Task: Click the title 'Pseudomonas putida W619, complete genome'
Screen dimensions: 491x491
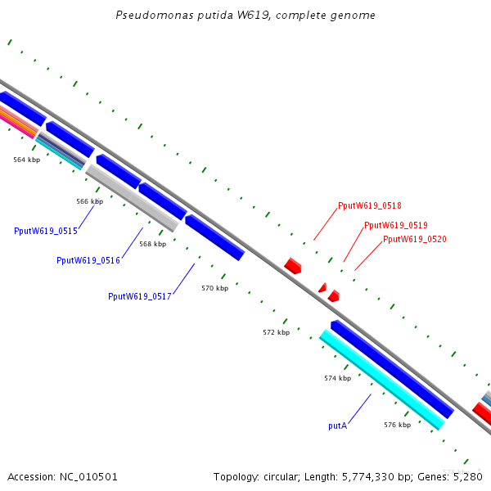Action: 245,15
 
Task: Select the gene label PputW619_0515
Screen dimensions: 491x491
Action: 46,231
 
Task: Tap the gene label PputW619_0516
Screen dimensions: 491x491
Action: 88,260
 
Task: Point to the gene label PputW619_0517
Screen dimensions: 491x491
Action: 140,296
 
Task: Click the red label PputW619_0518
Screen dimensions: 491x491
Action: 370,205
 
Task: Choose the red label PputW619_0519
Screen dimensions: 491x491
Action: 396,226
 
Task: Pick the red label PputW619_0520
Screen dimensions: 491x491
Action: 415,239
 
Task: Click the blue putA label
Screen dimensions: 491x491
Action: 337,426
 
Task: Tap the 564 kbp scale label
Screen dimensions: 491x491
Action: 27,160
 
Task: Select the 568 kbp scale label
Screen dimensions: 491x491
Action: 152,244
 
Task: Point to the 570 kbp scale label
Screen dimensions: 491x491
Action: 214,288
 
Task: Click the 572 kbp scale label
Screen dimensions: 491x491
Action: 277,332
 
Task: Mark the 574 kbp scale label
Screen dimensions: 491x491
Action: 337,378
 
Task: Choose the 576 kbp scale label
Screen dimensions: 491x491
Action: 398,425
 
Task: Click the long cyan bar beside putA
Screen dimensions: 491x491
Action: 382,380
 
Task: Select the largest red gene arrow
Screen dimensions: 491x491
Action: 293,266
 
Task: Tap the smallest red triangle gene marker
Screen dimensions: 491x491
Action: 323,288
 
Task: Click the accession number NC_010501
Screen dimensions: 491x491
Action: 88,477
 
